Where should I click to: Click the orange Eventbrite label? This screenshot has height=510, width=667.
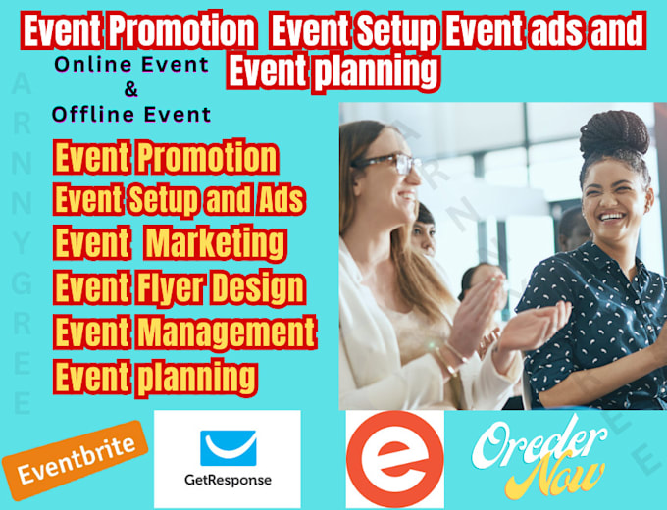click(75, 460)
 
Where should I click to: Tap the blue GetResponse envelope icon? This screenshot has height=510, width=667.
click(229, 448)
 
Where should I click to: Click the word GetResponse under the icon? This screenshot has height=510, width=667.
click(228, 480)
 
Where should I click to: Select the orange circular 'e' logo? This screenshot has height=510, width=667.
click(395, 459)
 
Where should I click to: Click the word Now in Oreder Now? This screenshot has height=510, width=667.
click(557, 475)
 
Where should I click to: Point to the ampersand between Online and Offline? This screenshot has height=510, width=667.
click(131, 89)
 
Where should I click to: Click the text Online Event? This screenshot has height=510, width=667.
click(131, 65)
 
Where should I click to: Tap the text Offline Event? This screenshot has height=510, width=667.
click(131, 115)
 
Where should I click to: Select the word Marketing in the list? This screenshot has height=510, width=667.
click(215, 243)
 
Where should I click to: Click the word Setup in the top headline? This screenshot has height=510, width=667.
click(396, 30)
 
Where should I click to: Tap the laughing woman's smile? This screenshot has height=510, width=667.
click(611, 218)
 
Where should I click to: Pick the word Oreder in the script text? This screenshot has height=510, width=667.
click(539, 442)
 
